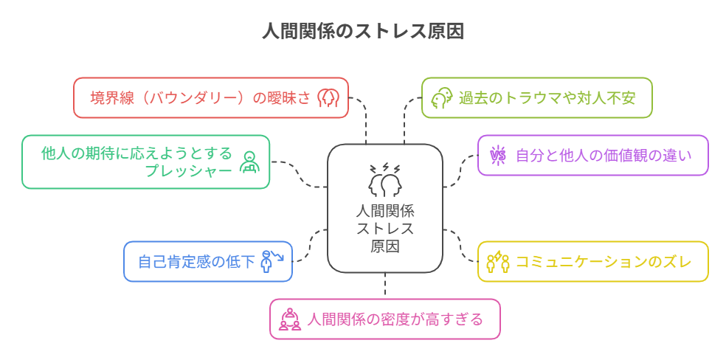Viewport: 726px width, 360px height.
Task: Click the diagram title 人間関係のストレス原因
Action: (x=363, y=32)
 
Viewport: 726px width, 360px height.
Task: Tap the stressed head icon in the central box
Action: (x=384, y=179)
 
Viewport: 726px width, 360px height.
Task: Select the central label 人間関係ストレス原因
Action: (x=384, y=228)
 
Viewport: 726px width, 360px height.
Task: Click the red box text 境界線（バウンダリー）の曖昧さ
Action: (x=200, y=97)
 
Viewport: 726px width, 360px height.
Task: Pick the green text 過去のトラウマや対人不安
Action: (x=547, y=97)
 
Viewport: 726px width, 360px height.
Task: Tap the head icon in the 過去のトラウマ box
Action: (x=441, y=97)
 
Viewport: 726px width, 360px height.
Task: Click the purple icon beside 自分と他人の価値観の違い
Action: (x=498, y=155)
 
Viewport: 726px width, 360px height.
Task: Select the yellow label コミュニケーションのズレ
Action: (x=604, y=261)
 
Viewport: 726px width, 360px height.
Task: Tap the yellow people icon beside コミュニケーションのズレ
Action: (x=498, y=261)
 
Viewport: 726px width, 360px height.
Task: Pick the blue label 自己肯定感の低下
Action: (x=197, y=261)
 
